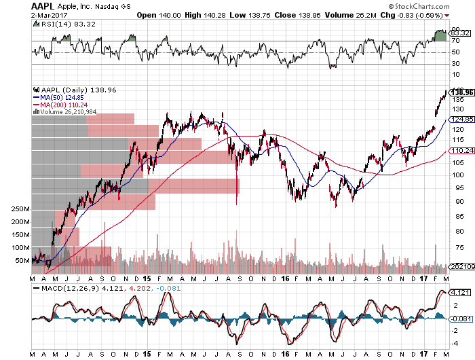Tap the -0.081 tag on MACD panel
pos(459,319)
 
